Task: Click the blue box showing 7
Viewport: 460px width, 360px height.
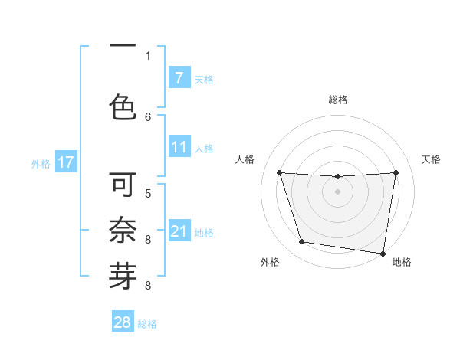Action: [x=179, y=78]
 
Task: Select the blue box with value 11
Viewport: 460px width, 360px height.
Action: [x=179, y=147]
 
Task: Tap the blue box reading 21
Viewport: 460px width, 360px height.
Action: [x=179, y=231]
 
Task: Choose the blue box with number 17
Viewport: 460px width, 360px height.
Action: [x=66, y=162]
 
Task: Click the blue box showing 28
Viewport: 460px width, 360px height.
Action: [x=123, y=322]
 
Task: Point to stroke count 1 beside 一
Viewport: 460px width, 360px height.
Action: [x=148, y=55]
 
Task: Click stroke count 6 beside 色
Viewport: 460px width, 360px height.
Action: [x=148, y=116]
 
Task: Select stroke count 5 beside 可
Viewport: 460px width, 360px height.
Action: [x=148, y=193]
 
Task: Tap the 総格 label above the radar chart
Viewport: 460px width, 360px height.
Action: [x=337, y=100]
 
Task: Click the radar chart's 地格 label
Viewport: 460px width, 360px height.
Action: [x=402, y=262]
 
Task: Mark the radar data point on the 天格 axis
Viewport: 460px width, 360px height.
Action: [x=396, y=172]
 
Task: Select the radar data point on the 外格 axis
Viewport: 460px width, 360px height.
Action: [x=302, y=242]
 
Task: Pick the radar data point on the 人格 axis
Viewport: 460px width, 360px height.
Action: [x=279, y=172]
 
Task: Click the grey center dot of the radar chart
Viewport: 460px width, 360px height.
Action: [x=337, y=191]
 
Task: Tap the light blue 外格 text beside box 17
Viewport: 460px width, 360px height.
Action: [x=41, y=163]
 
